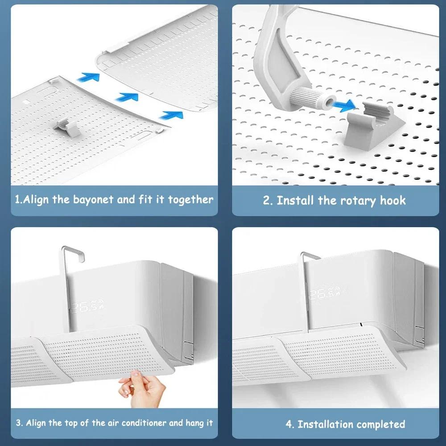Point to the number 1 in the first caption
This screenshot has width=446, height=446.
click(x=17, y=199)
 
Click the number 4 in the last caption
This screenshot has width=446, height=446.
click(x=289, y=424)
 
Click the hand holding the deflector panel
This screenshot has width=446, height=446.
click(x=142, y=389)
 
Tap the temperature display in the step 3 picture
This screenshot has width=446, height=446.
click(x=87, y=307)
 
